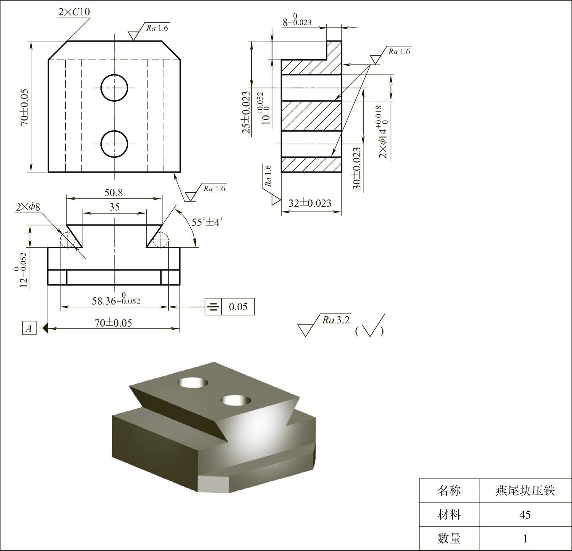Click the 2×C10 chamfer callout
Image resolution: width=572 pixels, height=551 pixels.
(x=74, y=12)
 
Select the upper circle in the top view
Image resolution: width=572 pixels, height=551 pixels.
(x=114, y=88)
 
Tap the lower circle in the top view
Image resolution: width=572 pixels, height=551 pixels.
(x=114, y=144)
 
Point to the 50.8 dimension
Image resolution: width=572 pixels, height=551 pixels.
(x=114, y=193)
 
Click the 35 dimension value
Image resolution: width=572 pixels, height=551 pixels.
(x=114, y=207)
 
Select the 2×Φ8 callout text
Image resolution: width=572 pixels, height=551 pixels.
(x=28, y=207)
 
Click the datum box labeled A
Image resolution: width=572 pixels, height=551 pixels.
(x=29, y=328)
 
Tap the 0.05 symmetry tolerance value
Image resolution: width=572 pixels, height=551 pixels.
(x=238, y=307)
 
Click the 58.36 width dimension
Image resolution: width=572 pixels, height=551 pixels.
(x=116, y=301)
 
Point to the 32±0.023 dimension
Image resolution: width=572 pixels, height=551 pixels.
(x=310, y=203)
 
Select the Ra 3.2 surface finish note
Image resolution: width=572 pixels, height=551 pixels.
(x=336, y=320)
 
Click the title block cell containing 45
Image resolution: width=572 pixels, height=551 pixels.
(x=525, y=515)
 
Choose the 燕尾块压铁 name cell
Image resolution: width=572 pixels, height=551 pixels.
(x=525, y=491)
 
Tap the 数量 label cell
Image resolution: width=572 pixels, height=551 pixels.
(x=449, y=538)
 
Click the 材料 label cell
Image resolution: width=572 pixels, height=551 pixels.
(x=449, y=515)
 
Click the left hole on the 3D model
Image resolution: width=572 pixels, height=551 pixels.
(x=195, y=382)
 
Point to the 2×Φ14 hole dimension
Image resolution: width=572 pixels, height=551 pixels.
(x=384, y=132)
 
